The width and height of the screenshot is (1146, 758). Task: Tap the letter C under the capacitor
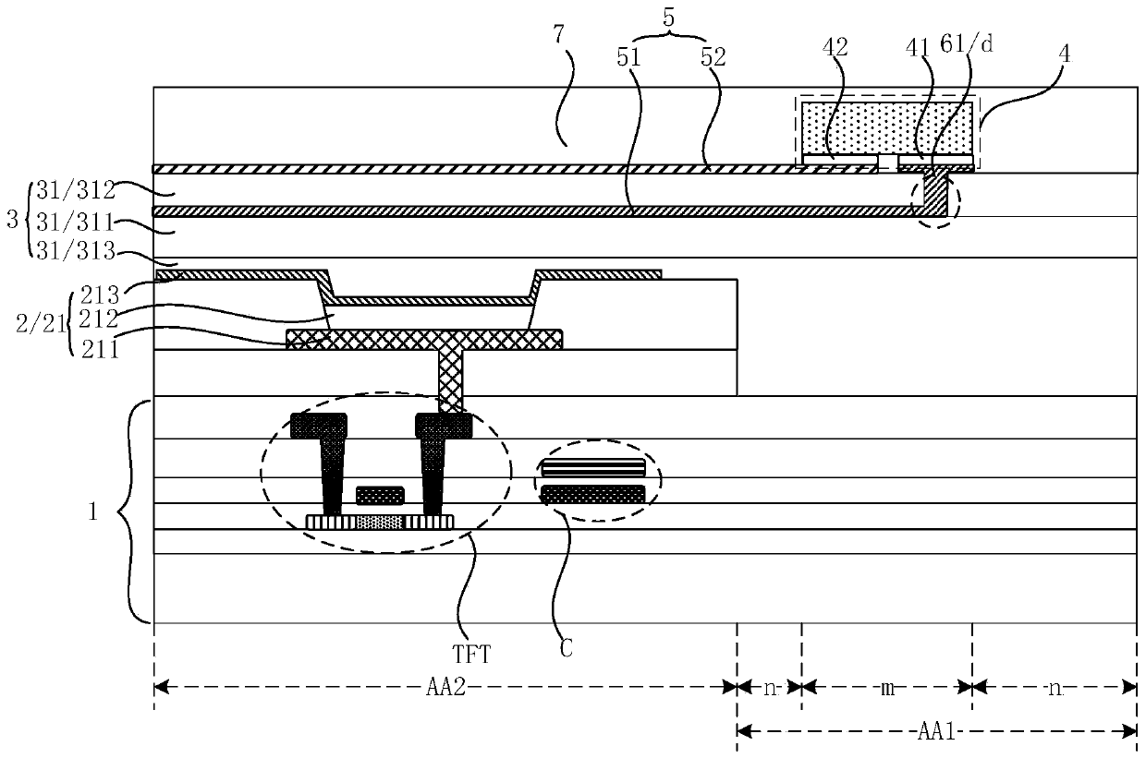(x=567, y=648)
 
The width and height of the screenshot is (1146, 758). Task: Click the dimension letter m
(x=886, y=687)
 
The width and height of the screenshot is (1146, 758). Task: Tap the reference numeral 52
(x=712, y=57)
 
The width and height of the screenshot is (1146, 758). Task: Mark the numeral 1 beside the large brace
(x=91, y=512)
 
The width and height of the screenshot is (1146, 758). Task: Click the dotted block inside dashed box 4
(x=886, y=127)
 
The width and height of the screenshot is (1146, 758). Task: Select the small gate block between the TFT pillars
(x=380, y=495)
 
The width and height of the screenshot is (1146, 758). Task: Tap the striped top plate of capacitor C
(x=592, y=468)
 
